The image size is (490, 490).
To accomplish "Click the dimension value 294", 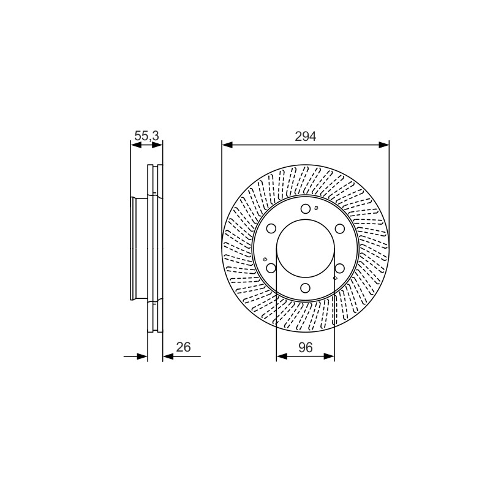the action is (x=305, y=137).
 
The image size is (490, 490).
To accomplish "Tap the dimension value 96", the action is (x=305, y=347).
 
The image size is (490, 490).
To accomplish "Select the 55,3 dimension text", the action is (x=146, y=136).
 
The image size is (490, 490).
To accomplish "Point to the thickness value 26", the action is (x=183, y=347).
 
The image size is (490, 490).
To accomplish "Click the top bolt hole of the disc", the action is (x=306, y=209).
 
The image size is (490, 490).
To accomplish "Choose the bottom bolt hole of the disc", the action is (x=306, y=287).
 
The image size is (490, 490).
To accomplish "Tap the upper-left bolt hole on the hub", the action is (x=271, y=228).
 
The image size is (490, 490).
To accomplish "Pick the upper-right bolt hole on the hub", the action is (x=340, y=228).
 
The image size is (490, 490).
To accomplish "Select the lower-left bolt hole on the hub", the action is (x=271, y=268).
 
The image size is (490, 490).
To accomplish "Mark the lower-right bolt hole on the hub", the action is (x=340, y=268).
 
